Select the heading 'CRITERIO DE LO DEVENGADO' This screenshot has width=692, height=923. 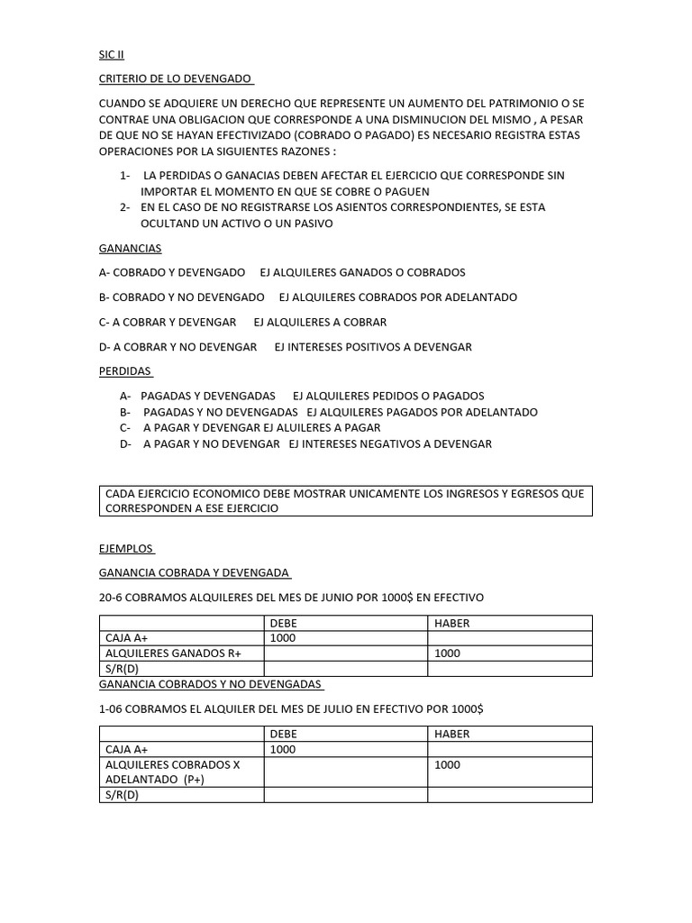[x=175, y=78]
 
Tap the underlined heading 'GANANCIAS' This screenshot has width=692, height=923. [x=130, y=248]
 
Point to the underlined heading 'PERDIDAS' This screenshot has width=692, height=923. [x=125, y=371]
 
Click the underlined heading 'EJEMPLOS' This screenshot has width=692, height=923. [x=126, y=548]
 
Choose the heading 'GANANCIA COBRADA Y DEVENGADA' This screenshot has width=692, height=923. [x=194, y=572]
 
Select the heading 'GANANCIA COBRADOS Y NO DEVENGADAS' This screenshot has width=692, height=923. [x=211, y=684]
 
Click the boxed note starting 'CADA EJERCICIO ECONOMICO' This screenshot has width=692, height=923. [x=345, y=500]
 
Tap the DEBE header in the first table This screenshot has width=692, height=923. [x=283, y=623]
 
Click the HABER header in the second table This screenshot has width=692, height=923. [x=452, y=734]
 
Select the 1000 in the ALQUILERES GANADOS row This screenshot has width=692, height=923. [x=447, y=653]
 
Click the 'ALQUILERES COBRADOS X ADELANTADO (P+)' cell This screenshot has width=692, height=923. [x=173, y=772]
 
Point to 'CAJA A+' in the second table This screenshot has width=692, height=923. [x=127, y=749]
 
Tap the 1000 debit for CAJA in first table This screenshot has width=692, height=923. [x=283, y=638]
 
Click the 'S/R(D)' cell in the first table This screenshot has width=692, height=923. [x=123, y=669]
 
